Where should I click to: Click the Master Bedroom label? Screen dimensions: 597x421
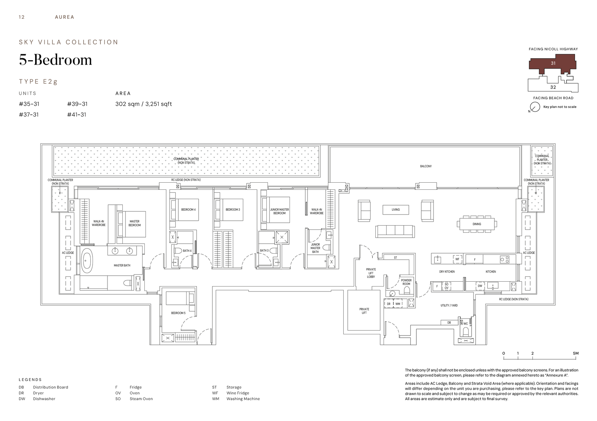tap(135, 223)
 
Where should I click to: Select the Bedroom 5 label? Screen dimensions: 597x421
tap(178, 313)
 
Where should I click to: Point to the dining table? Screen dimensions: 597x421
tap(477, 224)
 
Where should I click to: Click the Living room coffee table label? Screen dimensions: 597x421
tap(396, 210)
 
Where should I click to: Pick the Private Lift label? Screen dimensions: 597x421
tap(364, 311)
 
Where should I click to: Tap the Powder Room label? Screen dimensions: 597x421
tap(406, 282)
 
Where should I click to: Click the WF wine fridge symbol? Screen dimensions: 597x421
tap(457, 259)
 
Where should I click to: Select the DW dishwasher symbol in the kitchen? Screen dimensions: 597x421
tap(480, 286)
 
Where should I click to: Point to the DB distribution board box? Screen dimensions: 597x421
tap(449, 322)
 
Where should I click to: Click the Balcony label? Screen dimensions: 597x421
tap(426, 166)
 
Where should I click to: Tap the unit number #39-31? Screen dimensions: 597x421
tap(77, 104)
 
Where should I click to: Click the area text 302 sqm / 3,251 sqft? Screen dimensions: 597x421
tap(144, 104)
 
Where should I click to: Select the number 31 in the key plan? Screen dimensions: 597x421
tap(553, 63)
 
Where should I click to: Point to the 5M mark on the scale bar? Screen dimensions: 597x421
tap(576, 353)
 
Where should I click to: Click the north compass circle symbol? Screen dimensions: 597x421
tap(535, 107)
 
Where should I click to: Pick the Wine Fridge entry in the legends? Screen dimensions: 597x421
tap(238, 393)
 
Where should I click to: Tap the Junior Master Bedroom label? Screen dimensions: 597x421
tap(279, 211)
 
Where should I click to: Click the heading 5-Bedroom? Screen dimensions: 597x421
tap(56, 60)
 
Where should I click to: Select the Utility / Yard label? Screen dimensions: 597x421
tap(449, 306)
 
